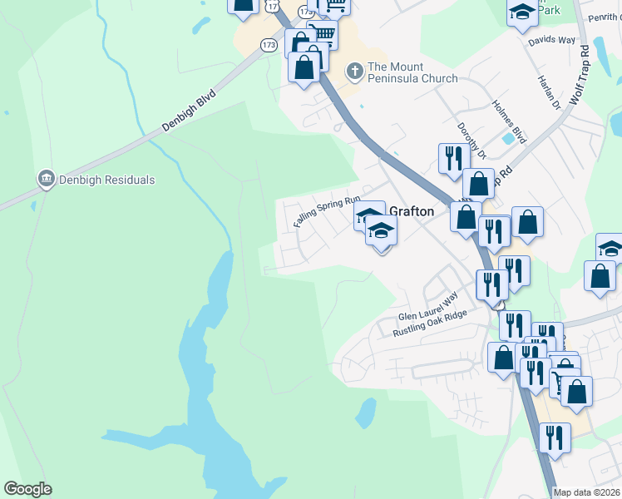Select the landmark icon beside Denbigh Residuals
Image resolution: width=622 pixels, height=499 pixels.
(46, 179)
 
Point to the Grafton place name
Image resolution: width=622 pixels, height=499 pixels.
(412, 211)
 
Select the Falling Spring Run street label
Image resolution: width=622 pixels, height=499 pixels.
(326, 212)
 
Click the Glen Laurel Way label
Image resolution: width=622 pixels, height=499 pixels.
(428, 308)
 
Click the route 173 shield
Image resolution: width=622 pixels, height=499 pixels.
(268, 45)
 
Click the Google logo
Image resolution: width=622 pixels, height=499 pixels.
(27, 489)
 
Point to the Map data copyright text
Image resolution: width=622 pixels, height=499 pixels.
(586, 492)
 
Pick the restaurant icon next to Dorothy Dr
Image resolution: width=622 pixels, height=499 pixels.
(453, 158)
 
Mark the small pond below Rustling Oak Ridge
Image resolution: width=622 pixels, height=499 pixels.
(365, 410)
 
